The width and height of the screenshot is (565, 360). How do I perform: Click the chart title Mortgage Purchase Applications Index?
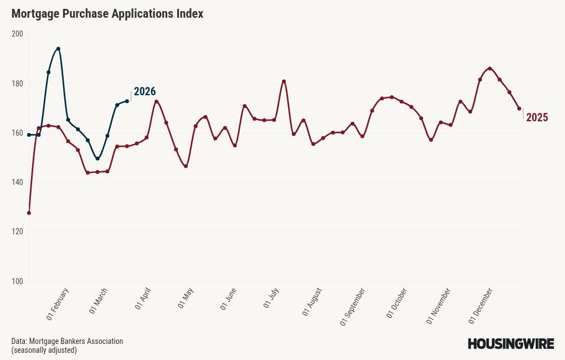point(107,14)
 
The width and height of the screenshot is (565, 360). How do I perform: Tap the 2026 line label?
point(145,91)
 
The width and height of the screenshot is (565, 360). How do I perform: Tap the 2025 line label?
point(537,117)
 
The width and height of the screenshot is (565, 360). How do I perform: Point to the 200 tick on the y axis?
point(17,34)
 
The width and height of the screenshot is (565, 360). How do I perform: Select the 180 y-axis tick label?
point(17,84)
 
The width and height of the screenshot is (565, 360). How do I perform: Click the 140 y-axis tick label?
point(17,183)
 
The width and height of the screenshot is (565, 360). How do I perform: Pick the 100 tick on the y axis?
point(17,281)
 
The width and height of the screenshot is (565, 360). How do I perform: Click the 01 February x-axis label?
point(58,304)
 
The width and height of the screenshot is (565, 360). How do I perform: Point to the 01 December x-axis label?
point(481,305)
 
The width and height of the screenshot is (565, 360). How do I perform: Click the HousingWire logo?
point(511,344)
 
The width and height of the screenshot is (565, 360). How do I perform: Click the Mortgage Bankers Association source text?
point(67,341)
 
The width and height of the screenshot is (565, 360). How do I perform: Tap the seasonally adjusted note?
point(44,350)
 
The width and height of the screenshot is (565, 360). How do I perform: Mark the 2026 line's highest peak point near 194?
point(58,49)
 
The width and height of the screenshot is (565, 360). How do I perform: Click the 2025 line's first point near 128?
point(29,213)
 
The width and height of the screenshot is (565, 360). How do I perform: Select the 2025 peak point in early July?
point(284,81)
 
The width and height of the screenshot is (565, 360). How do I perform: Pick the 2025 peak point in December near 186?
point(490,69)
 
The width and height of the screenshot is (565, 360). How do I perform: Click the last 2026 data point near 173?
point(127,101)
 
